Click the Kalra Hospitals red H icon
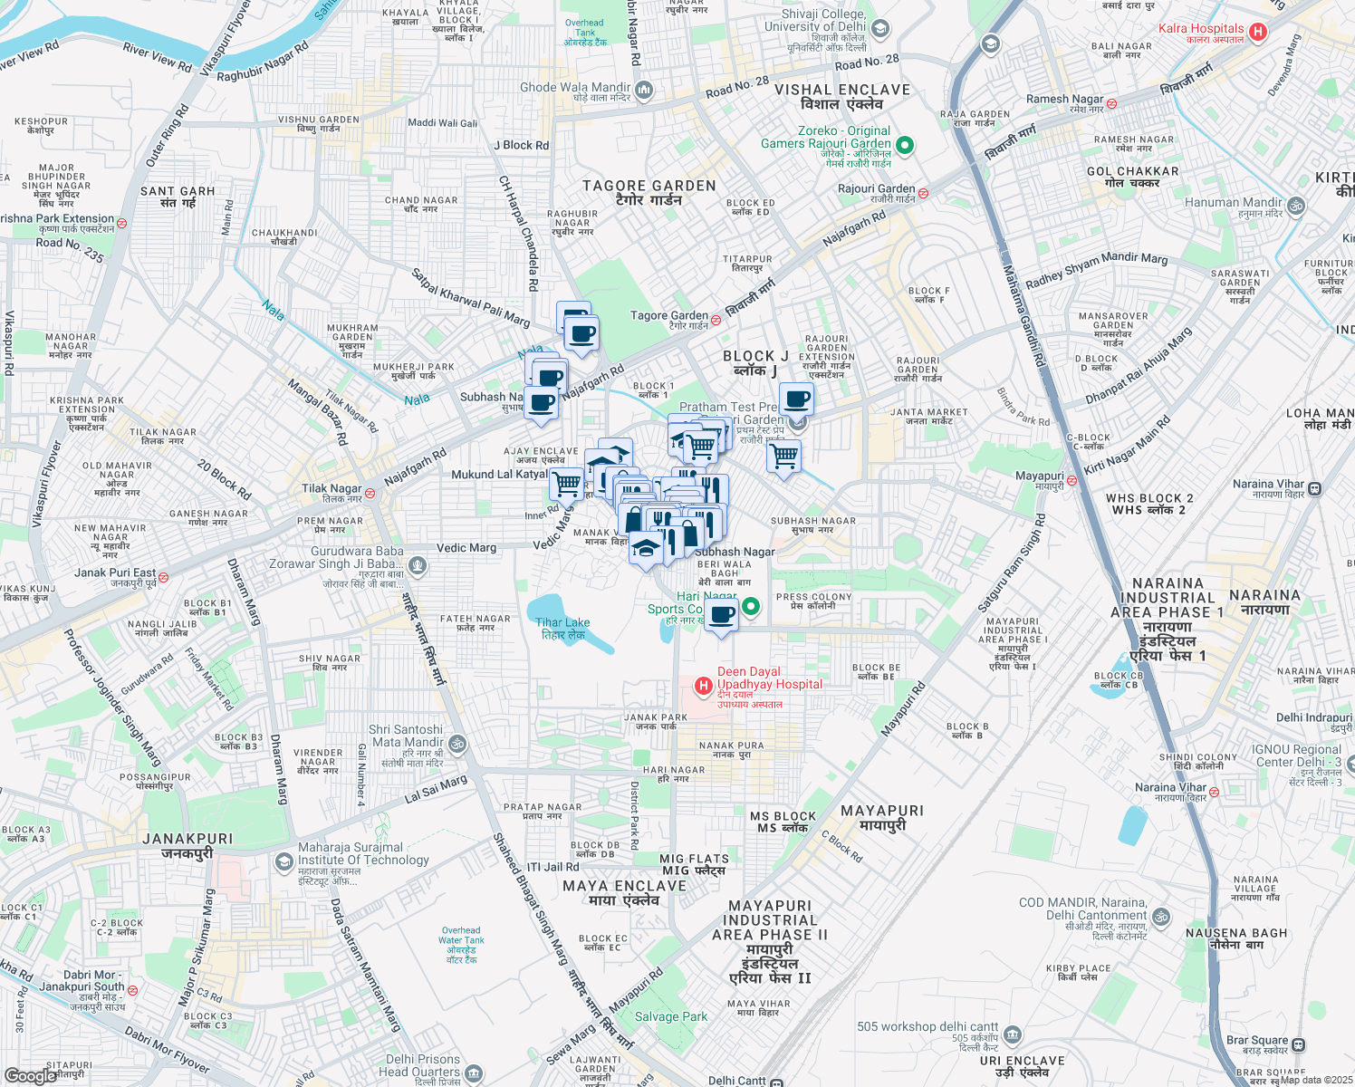(1257, 33)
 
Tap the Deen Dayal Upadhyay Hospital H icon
(703, 686)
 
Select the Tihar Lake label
(562, 628)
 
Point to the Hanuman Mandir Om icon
(1296, 206)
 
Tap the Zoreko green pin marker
(904, 145)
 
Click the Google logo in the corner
(30, 1075)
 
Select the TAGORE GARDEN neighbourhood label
(649, 192)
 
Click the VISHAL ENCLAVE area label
(841, 97)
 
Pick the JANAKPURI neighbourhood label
(187, 846)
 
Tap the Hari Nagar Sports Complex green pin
(751, 606)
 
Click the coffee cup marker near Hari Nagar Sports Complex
(721, 616)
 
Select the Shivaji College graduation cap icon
(879, 29)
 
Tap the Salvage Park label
(671, 1016)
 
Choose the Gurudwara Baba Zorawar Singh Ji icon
(417, 566)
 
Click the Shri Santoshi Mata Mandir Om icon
(457, 744)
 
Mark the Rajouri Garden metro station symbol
(923, 193)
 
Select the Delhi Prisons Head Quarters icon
(474, 1075)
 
